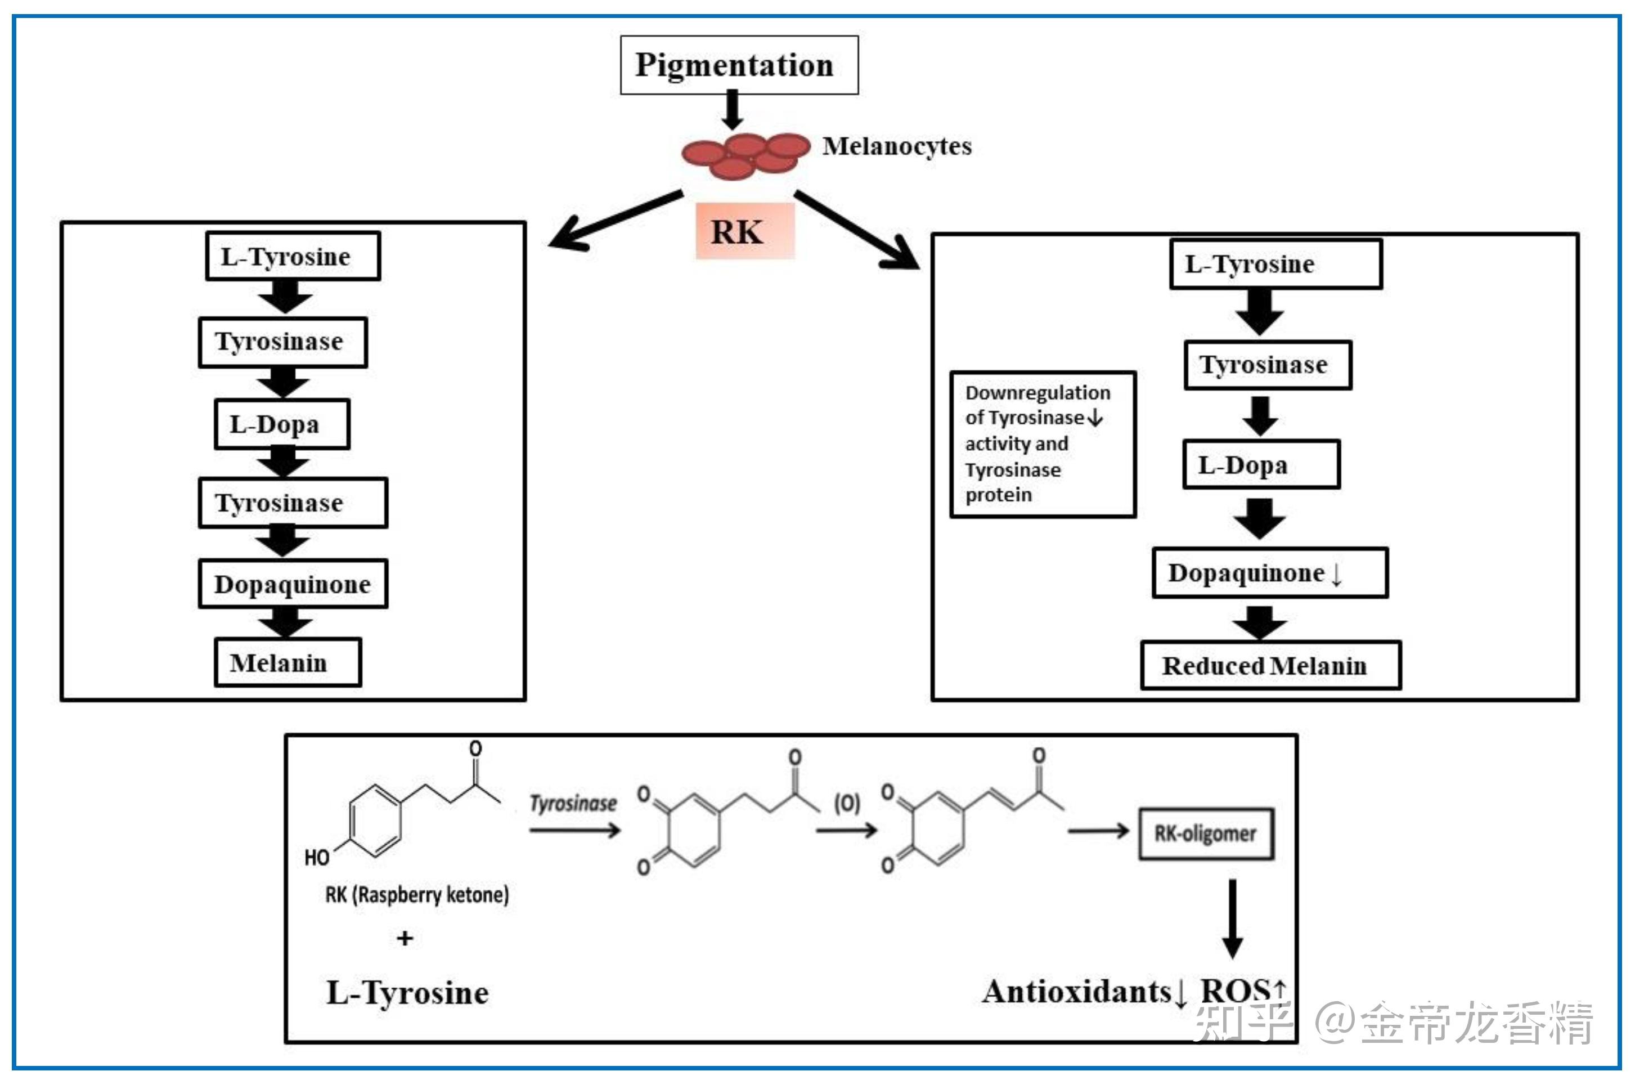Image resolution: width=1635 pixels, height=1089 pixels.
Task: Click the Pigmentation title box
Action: (x=739, y=65)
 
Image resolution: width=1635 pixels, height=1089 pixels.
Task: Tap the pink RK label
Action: (x=744, y=231)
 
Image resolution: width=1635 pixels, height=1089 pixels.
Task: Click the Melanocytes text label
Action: (x=896, y=146)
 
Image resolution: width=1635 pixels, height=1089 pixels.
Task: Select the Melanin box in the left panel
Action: (x=288, y=662)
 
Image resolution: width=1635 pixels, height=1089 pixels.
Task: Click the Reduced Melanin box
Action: (x=1270, y=665)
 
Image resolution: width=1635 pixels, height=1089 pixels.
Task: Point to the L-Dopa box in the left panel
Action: (x=281, y=424)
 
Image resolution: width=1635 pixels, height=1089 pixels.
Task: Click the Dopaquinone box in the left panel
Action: (x=293, y=584)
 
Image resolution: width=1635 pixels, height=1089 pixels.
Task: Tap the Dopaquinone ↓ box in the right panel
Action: (x=1270, y=573)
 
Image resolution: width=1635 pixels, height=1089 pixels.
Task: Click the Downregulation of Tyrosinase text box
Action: (x=1042, y=444)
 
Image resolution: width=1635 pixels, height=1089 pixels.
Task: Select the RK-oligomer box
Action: (x=1205, y=833)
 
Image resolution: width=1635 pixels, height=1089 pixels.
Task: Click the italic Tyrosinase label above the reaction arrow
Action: (x=573, y=804)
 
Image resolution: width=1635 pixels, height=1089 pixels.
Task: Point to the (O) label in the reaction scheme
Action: (x=847, y=804)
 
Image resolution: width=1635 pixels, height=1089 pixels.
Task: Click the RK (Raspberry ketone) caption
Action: (x=416, y=894)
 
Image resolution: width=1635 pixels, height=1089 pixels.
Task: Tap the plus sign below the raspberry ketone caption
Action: (x=405, y=938)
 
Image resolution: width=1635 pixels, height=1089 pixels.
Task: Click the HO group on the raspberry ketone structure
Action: (x=317, y=858)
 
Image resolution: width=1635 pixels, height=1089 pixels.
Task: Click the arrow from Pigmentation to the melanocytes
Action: (x=732, y=110)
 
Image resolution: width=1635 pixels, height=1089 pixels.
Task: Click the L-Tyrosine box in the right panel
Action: (x=1275, y=265)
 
